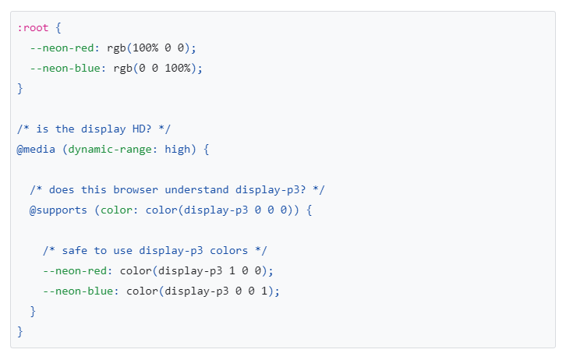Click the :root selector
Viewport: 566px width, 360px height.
(x=33, y=28)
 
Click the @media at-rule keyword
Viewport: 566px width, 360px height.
(x=36, y=149)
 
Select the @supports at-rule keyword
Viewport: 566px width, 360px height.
(x=58, y=210)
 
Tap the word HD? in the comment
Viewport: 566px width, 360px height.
(x=142, y=129)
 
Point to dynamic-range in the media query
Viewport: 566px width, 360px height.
(x=110, y=150)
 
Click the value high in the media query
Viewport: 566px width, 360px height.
(x=178, y=149)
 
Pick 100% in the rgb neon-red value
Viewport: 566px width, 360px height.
(x=145, y=48)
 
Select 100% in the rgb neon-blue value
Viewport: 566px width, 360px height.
(x=178, y=68)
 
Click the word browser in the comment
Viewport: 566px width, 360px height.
(x=136, y=189)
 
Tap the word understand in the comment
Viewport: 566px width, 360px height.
(x=196, y=189)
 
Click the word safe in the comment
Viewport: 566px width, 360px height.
(x=75, y=250)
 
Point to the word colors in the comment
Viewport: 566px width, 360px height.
(x=229, y=250)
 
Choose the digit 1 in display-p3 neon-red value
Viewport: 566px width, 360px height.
(x=232, y=270)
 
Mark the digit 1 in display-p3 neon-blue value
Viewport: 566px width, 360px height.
(x=264, y=291)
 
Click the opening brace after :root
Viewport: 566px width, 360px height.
(x=58, y=28)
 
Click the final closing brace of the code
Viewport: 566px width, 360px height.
(x=19, y=331)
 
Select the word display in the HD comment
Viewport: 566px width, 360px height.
(x=103, y=129)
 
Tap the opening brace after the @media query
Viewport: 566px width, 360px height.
(x=206, y=150)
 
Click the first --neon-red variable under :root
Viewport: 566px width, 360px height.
(x=62, y=48)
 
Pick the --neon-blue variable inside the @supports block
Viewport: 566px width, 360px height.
(x=78, y=291)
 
